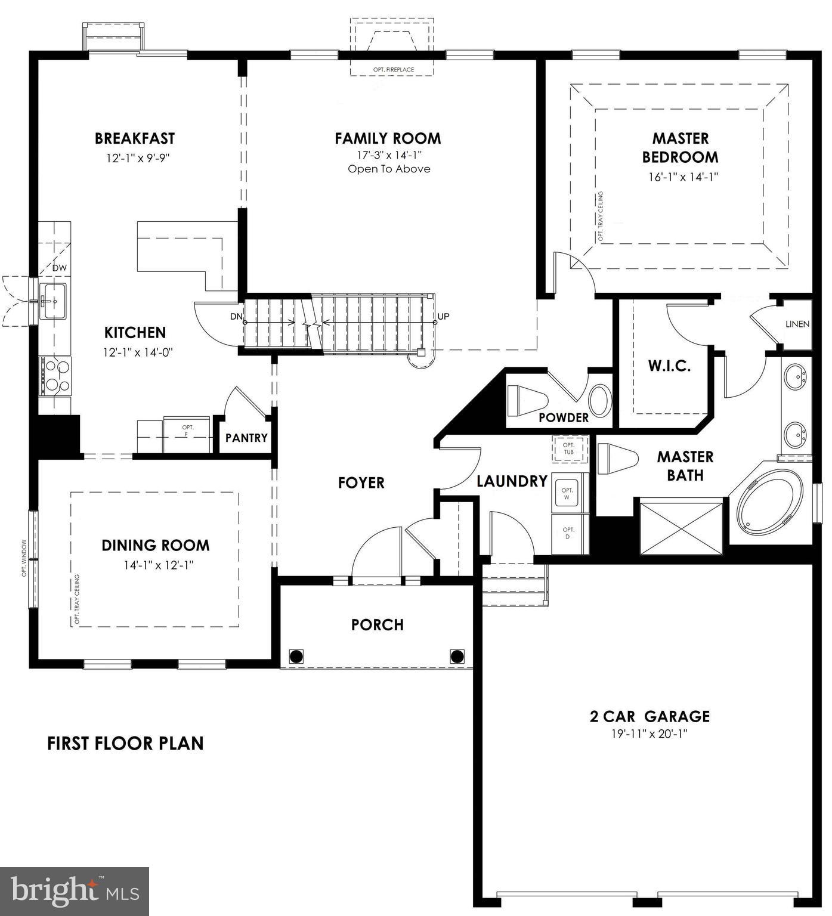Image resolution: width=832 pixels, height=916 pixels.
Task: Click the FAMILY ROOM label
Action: (x=388, y=138)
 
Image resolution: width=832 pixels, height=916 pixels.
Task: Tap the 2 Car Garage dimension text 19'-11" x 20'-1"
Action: (x=649, y=734)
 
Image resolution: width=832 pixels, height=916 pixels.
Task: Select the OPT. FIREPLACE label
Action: (x=393, y=70)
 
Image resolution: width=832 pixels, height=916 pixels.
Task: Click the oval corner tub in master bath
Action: (x=769, y=502)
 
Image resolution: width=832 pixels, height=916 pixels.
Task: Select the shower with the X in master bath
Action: (x=681, y=528)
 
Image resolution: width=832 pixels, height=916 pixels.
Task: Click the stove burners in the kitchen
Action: (x=54, y=376)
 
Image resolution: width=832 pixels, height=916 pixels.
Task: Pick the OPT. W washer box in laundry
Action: (x=567, y=493)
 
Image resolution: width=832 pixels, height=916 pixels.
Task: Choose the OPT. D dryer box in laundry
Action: (x=568, y=533)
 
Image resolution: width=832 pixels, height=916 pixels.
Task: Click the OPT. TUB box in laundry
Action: (x=569, y=448)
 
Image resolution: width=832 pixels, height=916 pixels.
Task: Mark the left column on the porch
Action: (x=296, y=657)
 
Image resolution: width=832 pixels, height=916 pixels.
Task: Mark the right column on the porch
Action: (x=457, y=657)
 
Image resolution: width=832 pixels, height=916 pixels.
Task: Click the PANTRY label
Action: (x=246, y=438)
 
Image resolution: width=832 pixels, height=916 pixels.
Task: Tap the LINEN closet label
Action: (x=797, y=324)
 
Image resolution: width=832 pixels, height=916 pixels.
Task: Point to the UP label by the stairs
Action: (x=443, y=317)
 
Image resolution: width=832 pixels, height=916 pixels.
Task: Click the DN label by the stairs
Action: (x=236, y=317)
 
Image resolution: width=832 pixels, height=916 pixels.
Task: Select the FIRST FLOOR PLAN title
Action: (x=125, y=743)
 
